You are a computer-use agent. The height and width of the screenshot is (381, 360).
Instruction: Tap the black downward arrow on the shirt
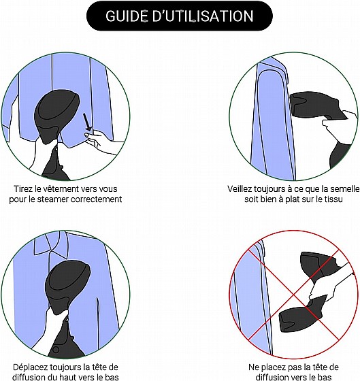click(x=87, y=122)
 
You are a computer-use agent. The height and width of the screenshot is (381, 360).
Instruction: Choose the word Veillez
click(x=240, y=189)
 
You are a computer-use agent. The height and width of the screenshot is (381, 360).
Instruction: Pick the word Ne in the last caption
click(x=253, y=367)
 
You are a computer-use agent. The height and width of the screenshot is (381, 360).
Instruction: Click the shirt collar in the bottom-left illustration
click(x=51, y=244)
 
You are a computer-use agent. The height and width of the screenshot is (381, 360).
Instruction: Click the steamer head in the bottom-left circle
click(x=67, y=286)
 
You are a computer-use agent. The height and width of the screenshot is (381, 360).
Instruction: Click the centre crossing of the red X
click(x=294, y=295)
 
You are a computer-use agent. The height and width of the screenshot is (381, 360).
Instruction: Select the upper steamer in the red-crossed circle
click(x=320, y=266)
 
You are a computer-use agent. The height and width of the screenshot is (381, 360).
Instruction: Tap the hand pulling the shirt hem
click(x=102, y=142)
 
